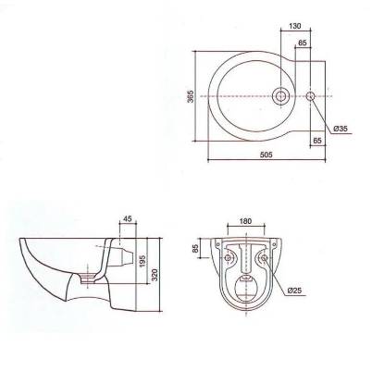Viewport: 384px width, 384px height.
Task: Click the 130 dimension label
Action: (295, 26)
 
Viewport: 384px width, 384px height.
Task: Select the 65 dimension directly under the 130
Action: (303, 43)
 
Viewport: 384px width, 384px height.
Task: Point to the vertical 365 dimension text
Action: (191, 96)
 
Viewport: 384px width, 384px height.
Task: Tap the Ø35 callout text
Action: (341, 129)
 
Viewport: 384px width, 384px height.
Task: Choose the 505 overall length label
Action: (266, 155)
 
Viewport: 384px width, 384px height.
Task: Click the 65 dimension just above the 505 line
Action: (317, 141)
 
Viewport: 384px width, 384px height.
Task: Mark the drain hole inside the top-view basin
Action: (280, 96)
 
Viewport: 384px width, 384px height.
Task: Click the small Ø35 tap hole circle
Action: (310, 96)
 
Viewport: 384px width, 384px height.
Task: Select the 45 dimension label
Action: (128, 218)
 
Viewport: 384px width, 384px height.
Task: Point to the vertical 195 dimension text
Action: (142, 261)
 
